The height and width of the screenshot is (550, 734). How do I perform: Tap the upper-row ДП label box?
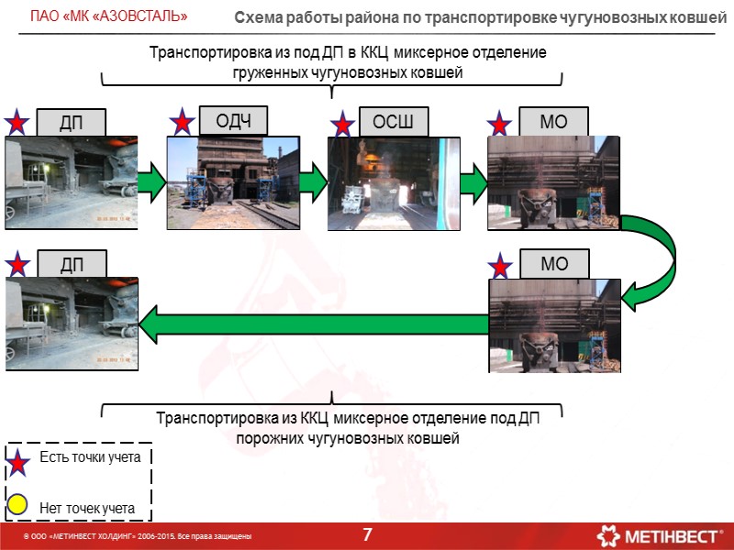pos(71,122)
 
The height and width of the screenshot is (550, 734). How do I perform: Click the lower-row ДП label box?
pos(71,264)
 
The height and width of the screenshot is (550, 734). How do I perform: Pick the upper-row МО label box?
pos(554,122)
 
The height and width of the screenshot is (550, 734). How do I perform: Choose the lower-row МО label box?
pos(554,264)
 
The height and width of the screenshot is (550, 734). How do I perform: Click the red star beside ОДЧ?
pos(183,122)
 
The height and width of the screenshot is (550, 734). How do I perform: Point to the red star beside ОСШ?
pos(342,124)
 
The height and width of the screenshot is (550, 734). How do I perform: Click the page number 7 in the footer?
pos(367,534)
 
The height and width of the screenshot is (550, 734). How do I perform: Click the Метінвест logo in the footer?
pos(659,534)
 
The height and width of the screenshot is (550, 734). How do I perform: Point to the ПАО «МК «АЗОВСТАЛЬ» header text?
pos(109,16)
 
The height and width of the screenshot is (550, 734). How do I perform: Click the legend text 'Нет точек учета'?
pos(87,507)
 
